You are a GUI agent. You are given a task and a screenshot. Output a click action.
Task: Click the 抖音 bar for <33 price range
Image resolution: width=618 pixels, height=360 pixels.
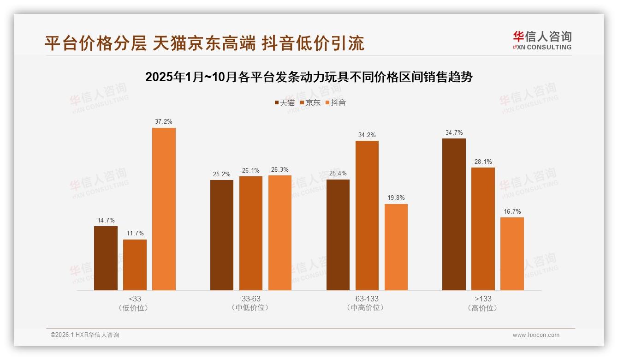pos(164,209)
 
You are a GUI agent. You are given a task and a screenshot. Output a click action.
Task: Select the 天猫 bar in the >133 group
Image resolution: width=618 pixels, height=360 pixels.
pos(454,214)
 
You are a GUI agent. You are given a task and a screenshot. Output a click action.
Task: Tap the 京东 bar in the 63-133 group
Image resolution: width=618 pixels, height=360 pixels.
pos(367,216)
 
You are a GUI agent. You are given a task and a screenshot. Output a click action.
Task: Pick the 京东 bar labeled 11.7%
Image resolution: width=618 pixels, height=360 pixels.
pos(135,264)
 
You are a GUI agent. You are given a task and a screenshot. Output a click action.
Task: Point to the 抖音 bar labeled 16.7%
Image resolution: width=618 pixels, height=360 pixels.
pos(512,253)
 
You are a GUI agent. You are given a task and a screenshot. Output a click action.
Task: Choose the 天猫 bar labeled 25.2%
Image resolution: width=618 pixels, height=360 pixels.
pos(222,235)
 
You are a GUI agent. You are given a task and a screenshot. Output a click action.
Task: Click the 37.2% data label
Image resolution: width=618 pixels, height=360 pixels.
pos(164,122)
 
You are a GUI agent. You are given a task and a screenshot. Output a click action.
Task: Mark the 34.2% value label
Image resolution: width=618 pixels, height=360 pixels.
pos(367,135)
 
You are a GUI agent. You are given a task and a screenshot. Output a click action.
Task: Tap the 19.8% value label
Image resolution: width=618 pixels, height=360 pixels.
pos(396,198)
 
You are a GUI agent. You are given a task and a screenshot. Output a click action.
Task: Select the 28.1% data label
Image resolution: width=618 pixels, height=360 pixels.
pos(483,162)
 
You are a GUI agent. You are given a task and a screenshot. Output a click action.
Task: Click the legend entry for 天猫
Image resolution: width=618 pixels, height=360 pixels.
pos(285,103)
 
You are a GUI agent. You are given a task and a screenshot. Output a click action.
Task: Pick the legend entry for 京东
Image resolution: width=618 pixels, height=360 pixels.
pos(310,103)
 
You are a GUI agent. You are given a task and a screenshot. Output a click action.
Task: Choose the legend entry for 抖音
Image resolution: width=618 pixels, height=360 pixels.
pos(336,103)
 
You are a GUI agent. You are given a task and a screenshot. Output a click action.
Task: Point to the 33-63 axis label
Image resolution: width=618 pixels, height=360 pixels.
pos(251,299)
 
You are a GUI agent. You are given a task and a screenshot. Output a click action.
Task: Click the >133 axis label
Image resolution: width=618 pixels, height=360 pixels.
pos(483,299)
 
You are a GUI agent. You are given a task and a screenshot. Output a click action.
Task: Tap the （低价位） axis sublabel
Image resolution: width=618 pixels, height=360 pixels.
pos(135,308)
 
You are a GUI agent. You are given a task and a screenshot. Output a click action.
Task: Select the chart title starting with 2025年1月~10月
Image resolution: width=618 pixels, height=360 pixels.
pos(309,77)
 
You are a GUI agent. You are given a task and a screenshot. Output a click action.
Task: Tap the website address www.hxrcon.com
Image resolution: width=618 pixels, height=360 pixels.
pos(536,335)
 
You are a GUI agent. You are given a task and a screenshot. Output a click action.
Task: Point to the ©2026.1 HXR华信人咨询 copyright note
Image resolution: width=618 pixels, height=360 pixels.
pos(85,335)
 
